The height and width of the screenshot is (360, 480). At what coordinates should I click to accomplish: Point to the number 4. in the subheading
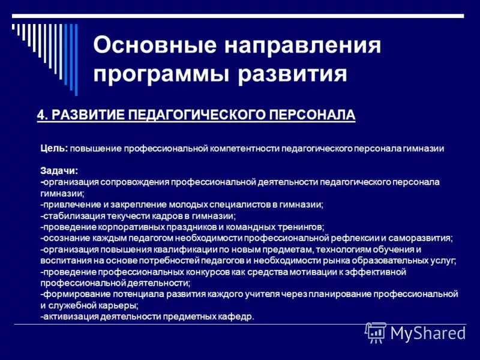(42, 115)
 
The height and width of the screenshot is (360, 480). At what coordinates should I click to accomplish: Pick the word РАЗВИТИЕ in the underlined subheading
(82, 115)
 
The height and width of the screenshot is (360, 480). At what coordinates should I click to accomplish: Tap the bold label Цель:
(55, 148)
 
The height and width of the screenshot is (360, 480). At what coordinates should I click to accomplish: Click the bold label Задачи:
(59, 170)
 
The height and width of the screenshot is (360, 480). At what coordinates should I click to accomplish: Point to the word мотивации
(310, 272)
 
